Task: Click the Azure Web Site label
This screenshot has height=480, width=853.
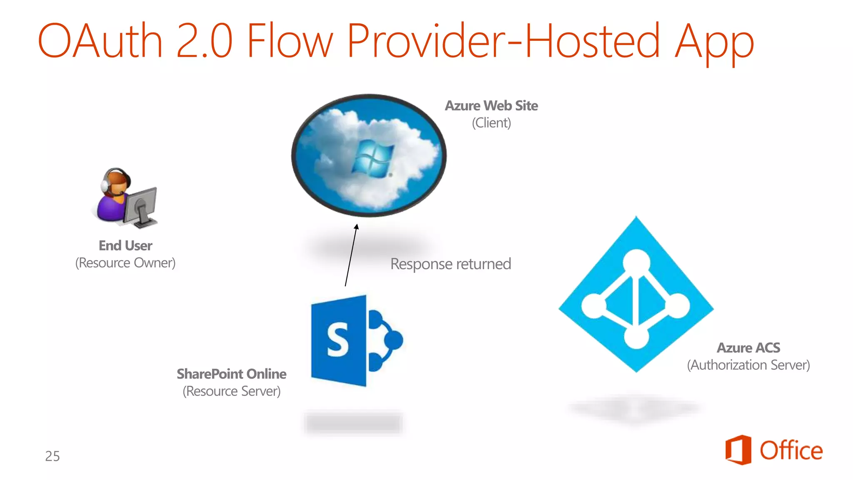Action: (x=491, y=106)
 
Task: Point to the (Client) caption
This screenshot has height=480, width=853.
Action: (x=491, y=123)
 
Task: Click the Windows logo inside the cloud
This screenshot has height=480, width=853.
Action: (x=372, y=159)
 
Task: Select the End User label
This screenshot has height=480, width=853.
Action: (x=125, y=246)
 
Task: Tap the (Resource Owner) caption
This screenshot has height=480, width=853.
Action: (x=125, y=263)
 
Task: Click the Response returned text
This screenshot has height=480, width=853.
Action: (x=451, y=264)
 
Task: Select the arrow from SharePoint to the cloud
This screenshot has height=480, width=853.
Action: (x=351, y=255)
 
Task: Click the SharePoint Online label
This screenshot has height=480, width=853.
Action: (x=232, y=374)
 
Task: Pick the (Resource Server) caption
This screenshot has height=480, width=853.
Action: (x=232, y=391)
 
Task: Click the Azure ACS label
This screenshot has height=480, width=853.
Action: (x=748, y=348)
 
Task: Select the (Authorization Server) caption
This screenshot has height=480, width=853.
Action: (x=748, y=365)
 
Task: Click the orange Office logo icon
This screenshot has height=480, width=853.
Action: (x=738, y=450)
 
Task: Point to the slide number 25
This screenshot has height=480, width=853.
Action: (x=52, y=456)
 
